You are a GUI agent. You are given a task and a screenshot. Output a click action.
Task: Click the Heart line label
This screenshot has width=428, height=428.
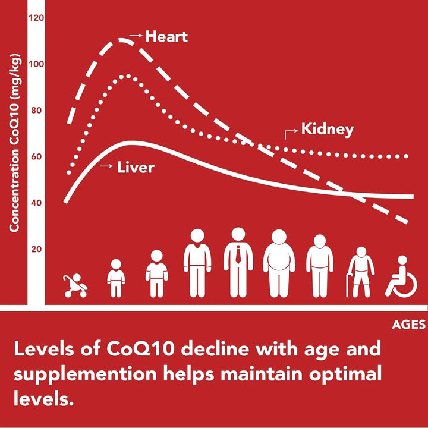click(166, 37)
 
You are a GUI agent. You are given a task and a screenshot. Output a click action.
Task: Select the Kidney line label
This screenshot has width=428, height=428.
click(327, 129)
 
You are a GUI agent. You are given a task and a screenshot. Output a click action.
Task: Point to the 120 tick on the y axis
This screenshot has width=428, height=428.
click(37, 18)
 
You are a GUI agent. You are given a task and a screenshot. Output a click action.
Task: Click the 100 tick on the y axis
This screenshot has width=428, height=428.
click(37, 64)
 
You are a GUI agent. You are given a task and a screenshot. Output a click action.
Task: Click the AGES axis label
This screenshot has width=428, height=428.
click(408, 325)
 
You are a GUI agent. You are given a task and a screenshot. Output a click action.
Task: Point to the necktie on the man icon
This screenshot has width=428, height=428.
click(238, 254)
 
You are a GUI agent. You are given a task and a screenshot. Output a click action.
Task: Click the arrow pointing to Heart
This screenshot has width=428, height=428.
click(136, 36)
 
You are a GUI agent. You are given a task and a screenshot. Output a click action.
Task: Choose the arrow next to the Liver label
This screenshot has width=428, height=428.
click(106, 167)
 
